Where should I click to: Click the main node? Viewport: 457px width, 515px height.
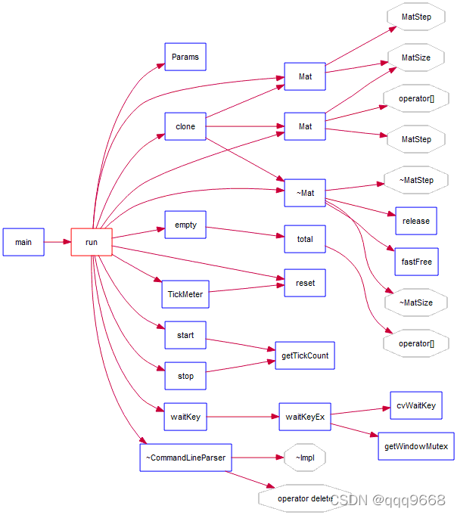click(x=23, y=242)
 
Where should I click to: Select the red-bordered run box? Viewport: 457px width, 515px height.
click(x=92, y=242)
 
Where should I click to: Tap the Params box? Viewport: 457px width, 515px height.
click(x=185, y=57)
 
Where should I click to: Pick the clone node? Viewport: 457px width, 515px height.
click(x=185, y=126)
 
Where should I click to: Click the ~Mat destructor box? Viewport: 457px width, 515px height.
click(x=305, y=193)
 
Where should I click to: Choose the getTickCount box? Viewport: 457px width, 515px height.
click(x=304, y=355)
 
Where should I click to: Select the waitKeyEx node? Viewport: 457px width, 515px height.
click(x=305, y=417)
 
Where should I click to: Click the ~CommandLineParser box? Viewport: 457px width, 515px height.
click(x=185, y=457)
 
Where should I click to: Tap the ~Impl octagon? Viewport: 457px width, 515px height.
click(x=305, y=458)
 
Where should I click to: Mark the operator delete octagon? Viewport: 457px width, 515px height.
click(x=304, y=498)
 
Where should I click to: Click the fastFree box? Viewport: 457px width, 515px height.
click(x=416, y=262)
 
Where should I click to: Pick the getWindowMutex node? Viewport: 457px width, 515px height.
click(x=416, y=446)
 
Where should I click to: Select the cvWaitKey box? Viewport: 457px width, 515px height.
click(x=416, y=405)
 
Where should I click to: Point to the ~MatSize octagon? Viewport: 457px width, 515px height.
click(x=416, y=302)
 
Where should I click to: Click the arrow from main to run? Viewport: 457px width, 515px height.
click(x=58, y=242)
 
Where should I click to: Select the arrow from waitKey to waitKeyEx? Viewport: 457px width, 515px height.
click(x=242, y=417)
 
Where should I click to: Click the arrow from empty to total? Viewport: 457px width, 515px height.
click(x=245, y=232)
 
